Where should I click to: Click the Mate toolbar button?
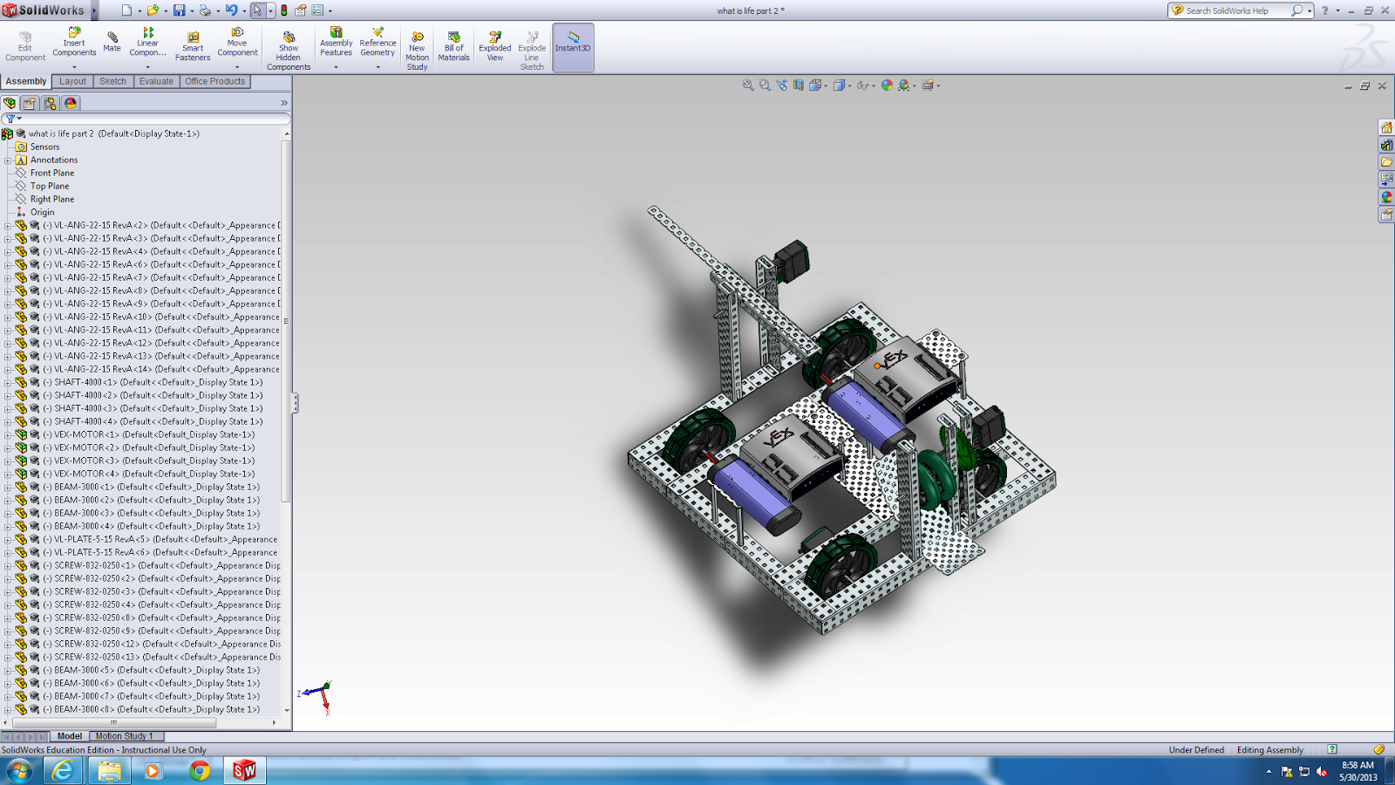coord(112,41)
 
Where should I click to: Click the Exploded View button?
coord(494,45)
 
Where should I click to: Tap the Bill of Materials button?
coord(453,45)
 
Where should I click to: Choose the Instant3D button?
coord(573,42)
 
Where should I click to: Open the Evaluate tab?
coord(156,81)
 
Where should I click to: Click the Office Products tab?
coord(214,81)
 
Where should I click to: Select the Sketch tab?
coord(112,81)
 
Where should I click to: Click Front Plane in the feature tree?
coord(52,173)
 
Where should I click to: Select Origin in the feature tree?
coord(42,212)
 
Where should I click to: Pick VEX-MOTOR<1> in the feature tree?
coord(86,434)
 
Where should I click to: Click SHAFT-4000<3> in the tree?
coord(86,408)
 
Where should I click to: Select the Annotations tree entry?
coord(54,160)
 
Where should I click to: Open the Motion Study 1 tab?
coord(124,736)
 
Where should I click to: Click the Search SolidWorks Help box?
coord(1234,10)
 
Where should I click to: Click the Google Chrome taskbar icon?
coord(200,771)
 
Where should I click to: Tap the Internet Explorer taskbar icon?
coord(63,771)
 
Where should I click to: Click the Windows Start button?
coord(19,771)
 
